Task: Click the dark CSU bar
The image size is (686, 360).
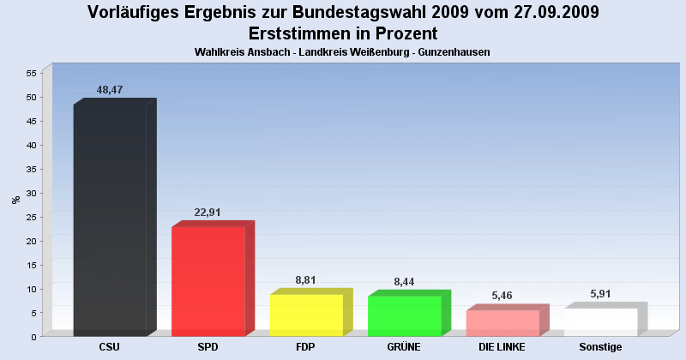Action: tap(110, 219)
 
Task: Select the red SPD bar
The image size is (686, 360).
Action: tap(208, 280)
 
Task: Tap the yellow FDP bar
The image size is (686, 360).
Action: tap(306, 315)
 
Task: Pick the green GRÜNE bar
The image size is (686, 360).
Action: tap(404, 315)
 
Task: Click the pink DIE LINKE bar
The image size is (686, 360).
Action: tap(502, 322)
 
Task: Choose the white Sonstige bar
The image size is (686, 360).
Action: tap(600, 321)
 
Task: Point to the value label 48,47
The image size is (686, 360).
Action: tap(111, 89)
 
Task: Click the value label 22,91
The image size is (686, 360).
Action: tap(208, 212)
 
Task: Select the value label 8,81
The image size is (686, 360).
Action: tap(306, 279)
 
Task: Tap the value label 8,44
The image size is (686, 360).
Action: tap(404, 281)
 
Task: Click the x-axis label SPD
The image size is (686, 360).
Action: tap(208, 346)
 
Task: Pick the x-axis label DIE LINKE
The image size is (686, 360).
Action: tap(502, 346)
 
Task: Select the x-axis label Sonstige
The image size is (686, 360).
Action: tap(600, 346)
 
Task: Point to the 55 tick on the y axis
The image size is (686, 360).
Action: tap(31, 73)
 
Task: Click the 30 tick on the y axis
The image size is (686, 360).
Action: tap(31, 193)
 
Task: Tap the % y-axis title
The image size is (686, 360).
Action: tap(15, 200)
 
